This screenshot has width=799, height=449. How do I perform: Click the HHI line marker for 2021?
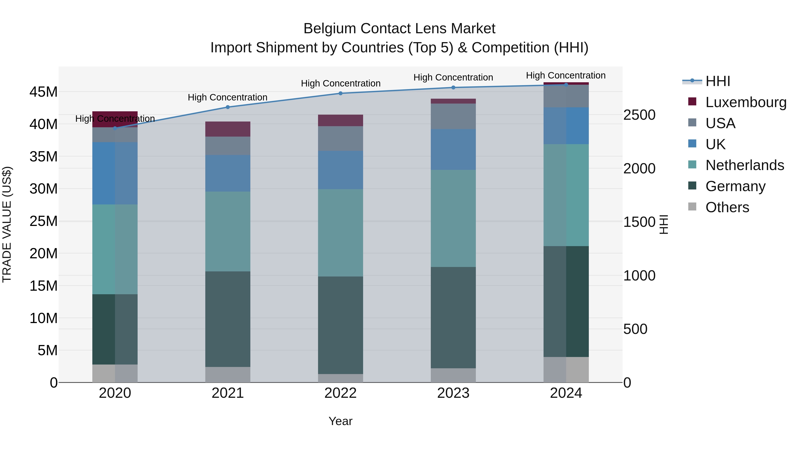[228, 107]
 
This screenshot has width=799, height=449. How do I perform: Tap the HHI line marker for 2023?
[453, 87]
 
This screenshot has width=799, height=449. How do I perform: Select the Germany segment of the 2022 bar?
[340, 325]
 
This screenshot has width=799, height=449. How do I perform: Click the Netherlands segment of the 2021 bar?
[228, 231]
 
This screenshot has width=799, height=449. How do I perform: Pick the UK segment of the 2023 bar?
[453, 149]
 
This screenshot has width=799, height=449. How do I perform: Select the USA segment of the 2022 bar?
[340, 139]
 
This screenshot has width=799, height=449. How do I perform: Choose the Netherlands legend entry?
[744, 165]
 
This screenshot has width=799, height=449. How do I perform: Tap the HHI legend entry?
[717, 81]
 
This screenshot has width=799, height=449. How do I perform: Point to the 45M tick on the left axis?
[44, 92]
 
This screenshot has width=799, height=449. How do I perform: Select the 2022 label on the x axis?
[340, 393]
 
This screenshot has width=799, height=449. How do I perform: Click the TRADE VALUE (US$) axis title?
[7, 224]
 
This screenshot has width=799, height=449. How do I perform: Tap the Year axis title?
[340, 421]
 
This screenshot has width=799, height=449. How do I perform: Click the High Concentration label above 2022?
[340, 83]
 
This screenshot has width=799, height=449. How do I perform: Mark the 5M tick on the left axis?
[47, 351]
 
